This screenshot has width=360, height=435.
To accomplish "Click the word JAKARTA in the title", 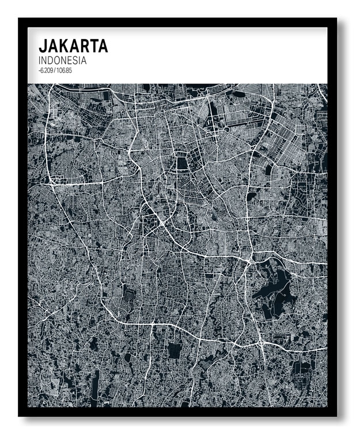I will [73, 46].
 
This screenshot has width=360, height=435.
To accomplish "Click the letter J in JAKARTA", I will [42, 46].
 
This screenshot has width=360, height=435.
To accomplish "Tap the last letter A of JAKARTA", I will [103, 46].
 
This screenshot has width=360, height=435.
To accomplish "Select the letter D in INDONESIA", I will [50, 60].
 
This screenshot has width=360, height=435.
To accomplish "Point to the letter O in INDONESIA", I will [58, 60].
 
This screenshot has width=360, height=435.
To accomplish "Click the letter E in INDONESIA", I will [71, 60].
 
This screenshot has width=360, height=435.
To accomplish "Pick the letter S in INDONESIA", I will [77, 60].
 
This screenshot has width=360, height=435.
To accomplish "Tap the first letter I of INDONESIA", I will [39, 60].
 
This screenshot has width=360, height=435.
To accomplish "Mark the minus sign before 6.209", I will [39, 70].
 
